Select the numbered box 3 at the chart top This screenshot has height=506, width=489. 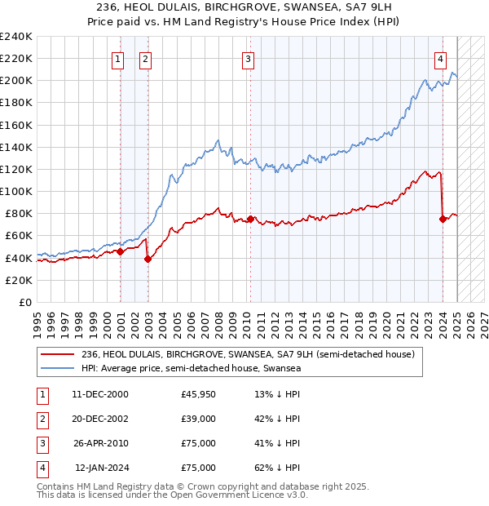click(x=247, y=58)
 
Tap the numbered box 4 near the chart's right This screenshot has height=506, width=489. click(x=439, y=58)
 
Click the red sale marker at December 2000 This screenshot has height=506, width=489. click(x=121, y=251)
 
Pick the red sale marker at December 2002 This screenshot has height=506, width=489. click(x=148, y=260)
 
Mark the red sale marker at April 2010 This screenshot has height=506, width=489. click(x=250, y=220)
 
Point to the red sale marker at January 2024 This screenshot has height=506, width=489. click(x=443, y=219)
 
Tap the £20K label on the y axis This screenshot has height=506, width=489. click(x=19, y=280)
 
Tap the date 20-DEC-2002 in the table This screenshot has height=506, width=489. click(x=100, y=419)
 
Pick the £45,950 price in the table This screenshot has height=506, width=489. click(x=199, y=394)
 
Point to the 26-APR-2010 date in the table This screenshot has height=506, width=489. click(x=100, y=443)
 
